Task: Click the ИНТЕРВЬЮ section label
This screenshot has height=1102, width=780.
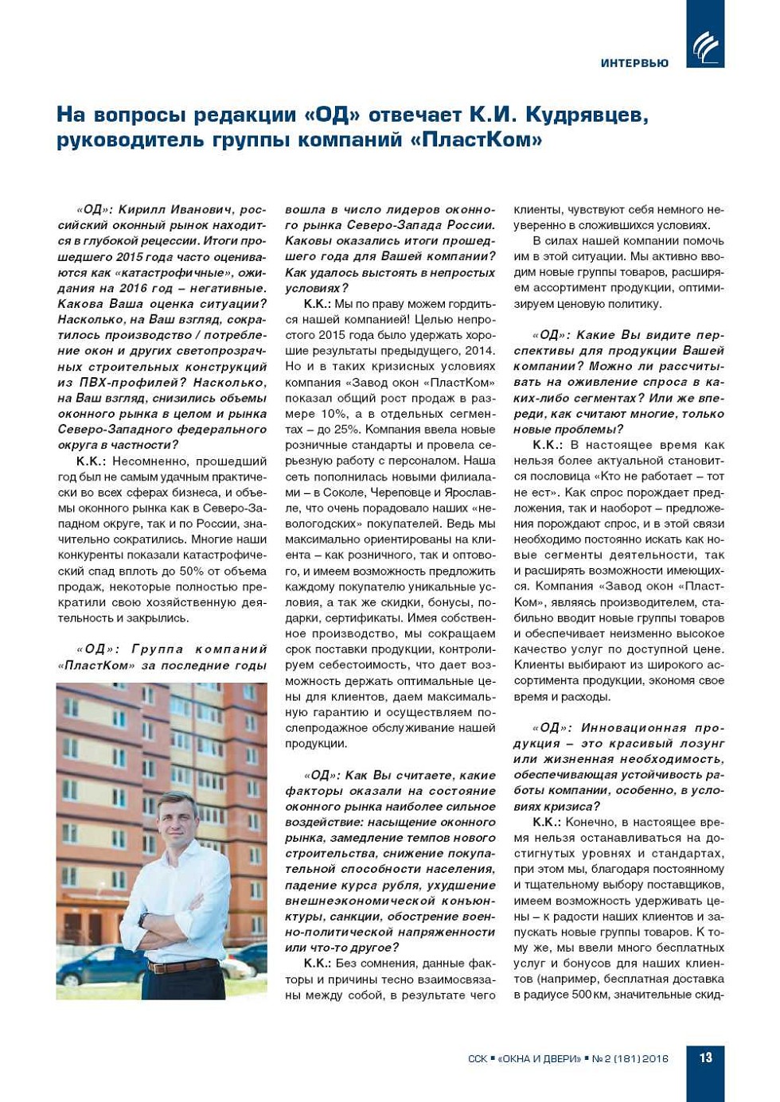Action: (x=634, y=63)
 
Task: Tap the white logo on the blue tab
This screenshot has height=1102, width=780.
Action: (x=705, y=47)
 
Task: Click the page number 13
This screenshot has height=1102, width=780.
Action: (x=705, y=1057)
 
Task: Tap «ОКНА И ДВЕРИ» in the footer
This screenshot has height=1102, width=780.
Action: (x=539, y=1059)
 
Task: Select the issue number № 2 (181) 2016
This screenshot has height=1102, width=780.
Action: (x=630, y=1059)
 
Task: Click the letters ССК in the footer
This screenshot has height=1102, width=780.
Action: (x=477, y=1059)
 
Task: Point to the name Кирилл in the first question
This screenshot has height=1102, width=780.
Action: (x=141, y=209)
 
